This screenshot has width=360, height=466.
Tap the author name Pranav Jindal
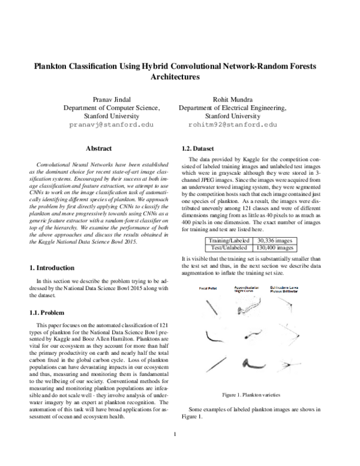coord(112,98)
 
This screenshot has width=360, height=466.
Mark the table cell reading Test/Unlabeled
coord(226,247)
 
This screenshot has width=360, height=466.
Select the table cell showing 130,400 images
coord(274,247)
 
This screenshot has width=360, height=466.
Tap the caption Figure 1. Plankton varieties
coord(250,395)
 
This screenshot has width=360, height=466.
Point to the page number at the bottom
coord(173,434)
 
